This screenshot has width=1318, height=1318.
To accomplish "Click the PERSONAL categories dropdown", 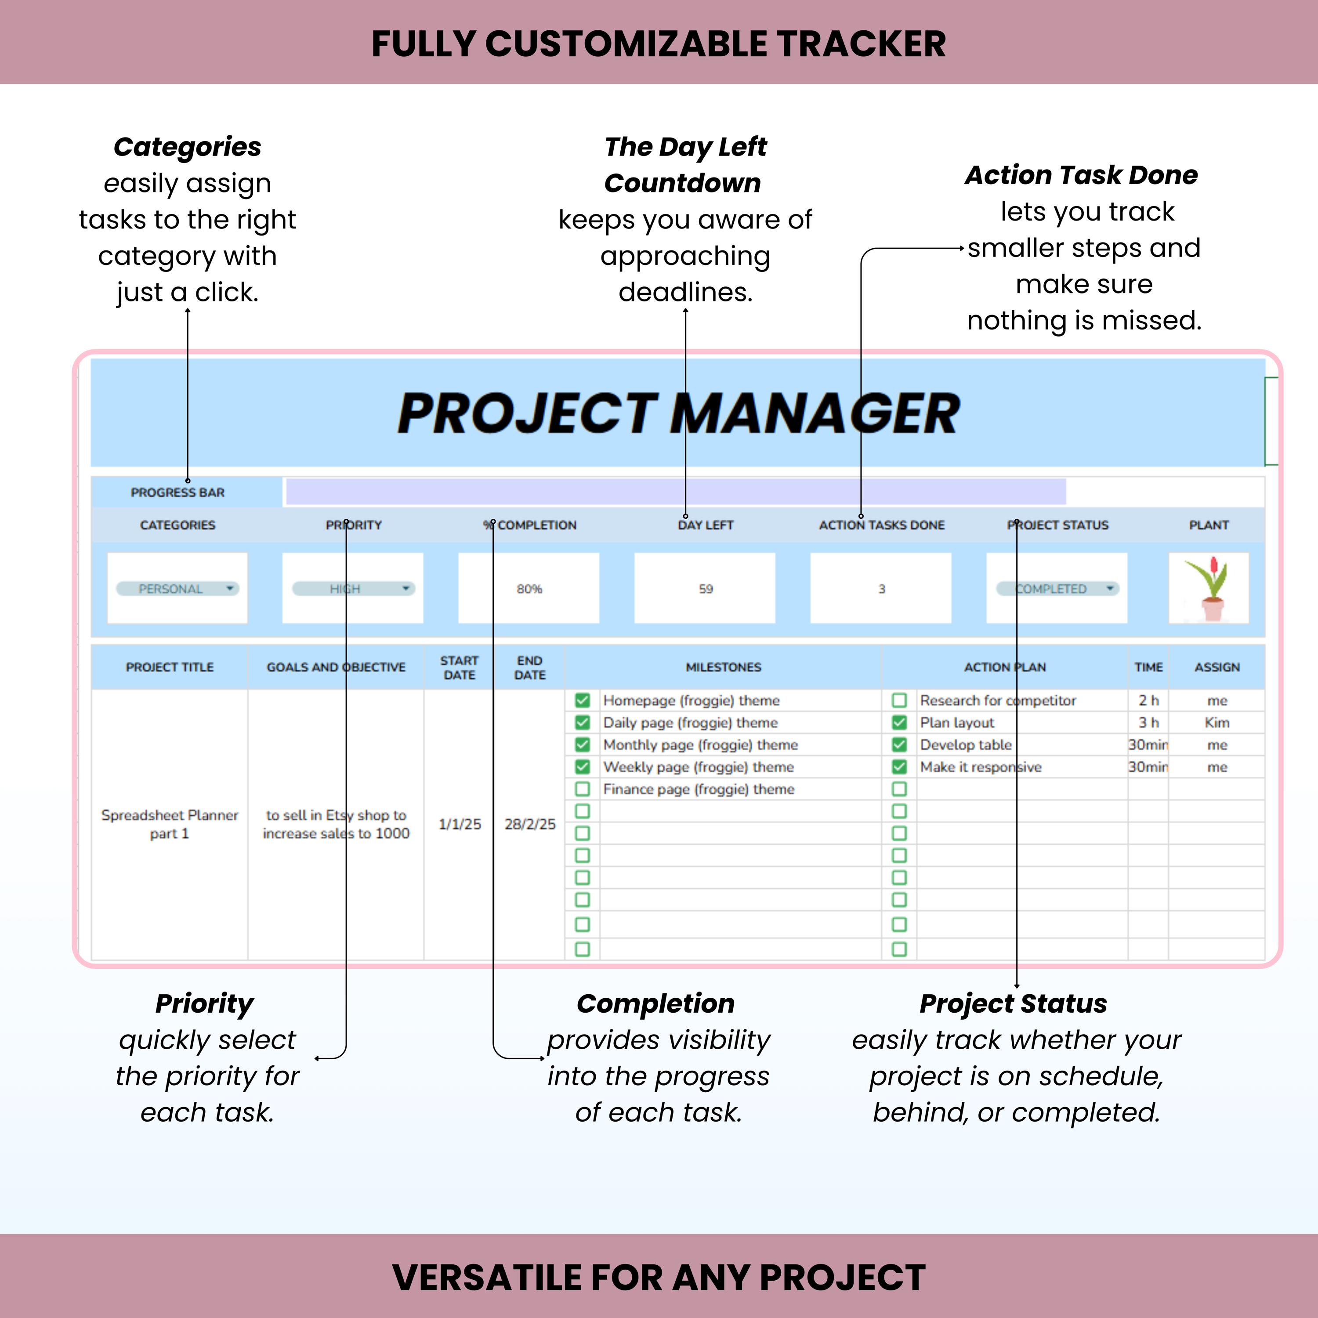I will coord(177,589).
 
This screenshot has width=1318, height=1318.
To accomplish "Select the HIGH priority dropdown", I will coord(353,589).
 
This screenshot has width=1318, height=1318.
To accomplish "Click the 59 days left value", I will coord(706,589).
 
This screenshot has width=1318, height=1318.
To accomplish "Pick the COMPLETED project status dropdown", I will coord(1057,589).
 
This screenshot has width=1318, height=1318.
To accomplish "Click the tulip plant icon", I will coord(1208,588).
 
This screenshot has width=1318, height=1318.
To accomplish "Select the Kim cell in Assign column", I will coord(1217,722).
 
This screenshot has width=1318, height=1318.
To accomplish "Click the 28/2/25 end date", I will coord(529,824).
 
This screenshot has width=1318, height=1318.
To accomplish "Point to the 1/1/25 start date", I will coord(459,824).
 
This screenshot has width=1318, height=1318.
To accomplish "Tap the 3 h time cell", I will coord(1148,722).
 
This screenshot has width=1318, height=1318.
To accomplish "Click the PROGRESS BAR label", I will coord(177,492).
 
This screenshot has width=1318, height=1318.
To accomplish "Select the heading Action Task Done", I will coord(1081,175).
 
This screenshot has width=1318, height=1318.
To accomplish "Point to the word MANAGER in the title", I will coord(815,414).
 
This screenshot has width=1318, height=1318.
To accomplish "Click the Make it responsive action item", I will coord(980,767).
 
